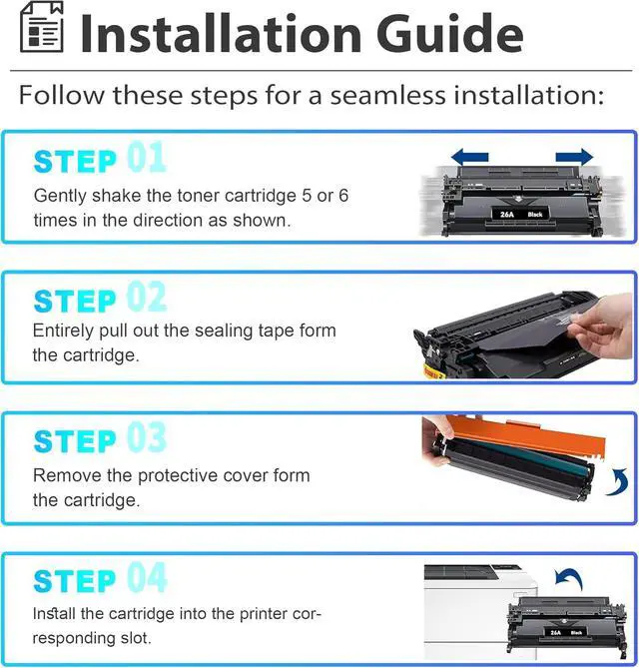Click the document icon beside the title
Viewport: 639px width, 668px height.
(x=42, y=27)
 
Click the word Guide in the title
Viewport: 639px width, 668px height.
(x=450, y=33)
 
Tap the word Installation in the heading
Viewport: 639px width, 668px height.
(x=222, y=33)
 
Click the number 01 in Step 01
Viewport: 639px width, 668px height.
(x=146, y=157)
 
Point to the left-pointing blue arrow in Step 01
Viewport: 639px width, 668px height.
(x=470, y=157)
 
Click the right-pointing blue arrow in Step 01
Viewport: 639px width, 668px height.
(x=574, y=157)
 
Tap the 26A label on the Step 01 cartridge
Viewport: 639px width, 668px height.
(x=507, y=215)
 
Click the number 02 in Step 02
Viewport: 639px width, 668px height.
(x=146, y=297)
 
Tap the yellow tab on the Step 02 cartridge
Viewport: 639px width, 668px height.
(x=433, y=372)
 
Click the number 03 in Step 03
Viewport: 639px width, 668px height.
(x=146, y=436)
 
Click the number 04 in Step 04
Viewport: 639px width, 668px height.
(x=147, y=577)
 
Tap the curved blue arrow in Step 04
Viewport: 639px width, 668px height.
(x=570, y=578)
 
